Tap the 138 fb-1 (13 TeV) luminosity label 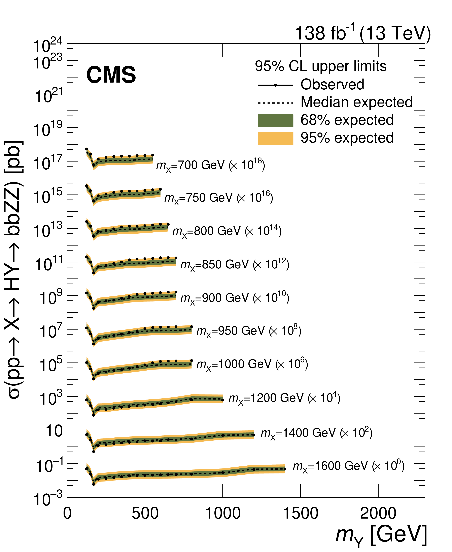click(x=362, y=33)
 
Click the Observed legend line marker click(x=275, y=85)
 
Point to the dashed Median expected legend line click(x=275, y=103)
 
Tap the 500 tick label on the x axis click(x=145, y=513)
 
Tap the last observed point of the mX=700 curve click(x=153, y=155)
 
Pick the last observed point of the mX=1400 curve click(x=254, y=435)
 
